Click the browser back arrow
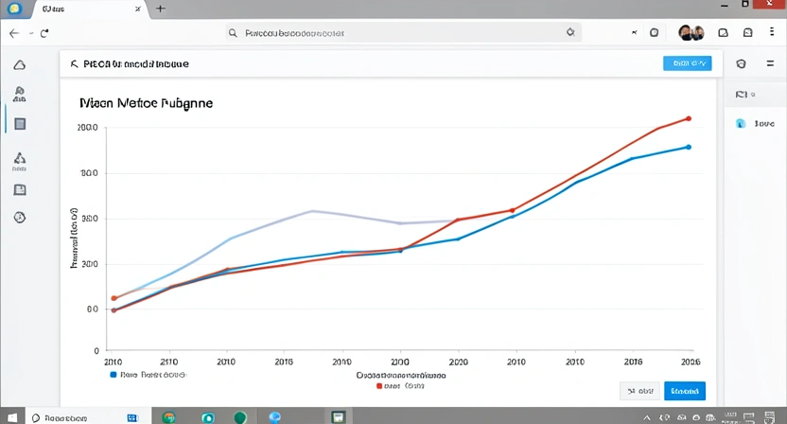pos(14,32)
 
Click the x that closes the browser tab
pos(138,9)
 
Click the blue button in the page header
pos(687,63)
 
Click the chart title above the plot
pos(146,101)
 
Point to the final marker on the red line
pos(688,119)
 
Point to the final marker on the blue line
pos(688,147)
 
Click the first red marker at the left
pos(114,298)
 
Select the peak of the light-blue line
pos(311,211)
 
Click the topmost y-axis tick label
pos(88,127)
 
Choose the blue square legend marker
pos(114,374)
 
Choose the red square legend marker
pos(379,386)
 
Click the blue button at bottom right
pos(685,391)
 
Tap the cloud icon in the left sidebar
pos(20,65)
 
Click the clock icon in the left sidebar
pos(20,218)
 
